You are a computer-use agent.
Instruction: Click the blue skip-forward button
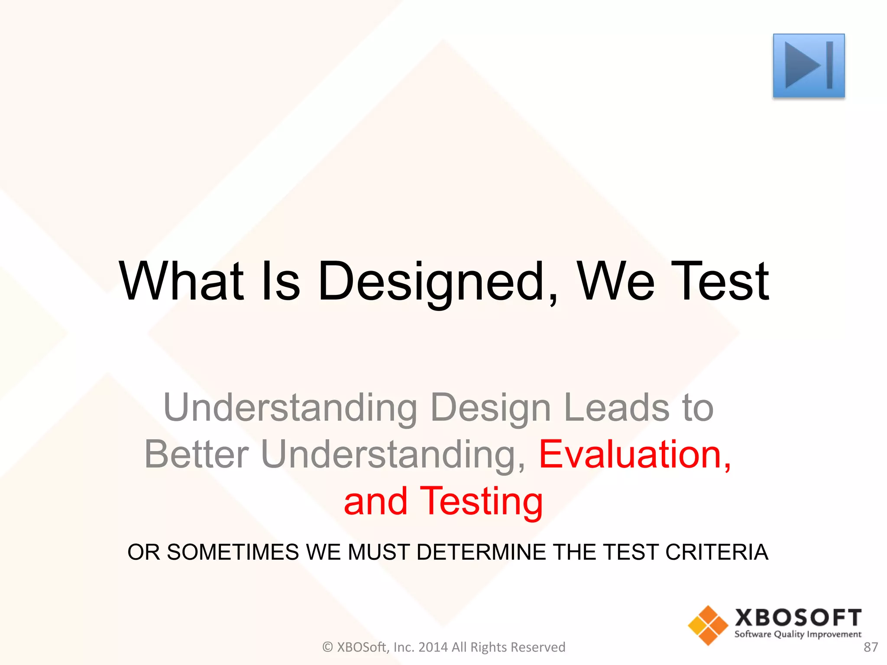[x=808, y=65]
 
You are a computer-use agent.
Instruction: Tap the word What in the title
[x=181, y=281]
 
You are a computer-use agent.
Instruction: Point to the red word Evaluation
[x=635, y=454]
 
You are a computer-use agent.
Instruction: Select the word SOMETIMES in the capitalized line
[x=233, y=552]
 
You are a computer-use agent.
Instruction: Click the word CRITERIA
[x=717, y=552]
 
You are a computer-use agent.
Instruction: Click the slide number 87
[x=871, y=647]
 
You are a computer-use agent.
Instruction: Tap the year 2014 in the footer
[x=434, y=647]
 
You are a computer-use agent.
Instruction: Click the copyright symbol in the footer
[x=327, y=647]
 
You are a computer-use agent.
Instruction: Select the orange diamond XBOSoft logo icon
[x=708, y=625]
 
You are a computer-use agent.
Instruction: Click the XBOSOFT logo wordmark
[x=798, y=617]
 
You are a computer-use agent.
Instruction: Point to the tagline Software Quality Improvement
[x=798, y=635]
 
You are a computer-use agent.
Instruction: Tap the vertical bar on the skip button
[x=829, y=65]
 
